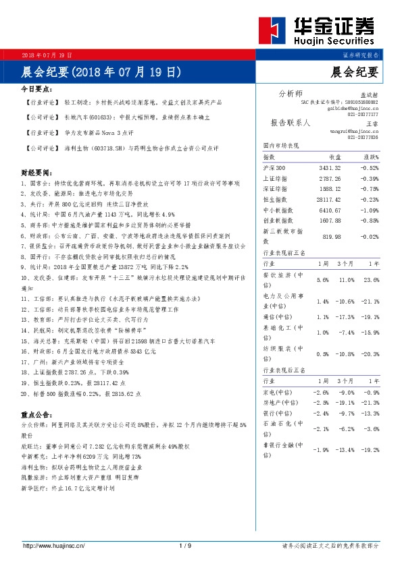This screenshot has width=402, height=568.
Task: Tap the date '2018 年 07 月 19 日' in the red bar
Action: coord(47,54)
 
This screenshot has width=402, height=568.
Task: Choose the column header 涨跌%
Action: coord(370,157)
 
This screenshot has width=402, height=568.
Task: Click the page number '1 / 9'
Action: coord(186,545)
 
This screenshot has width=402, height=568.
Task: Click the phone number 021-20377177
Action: coord(363,113)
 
